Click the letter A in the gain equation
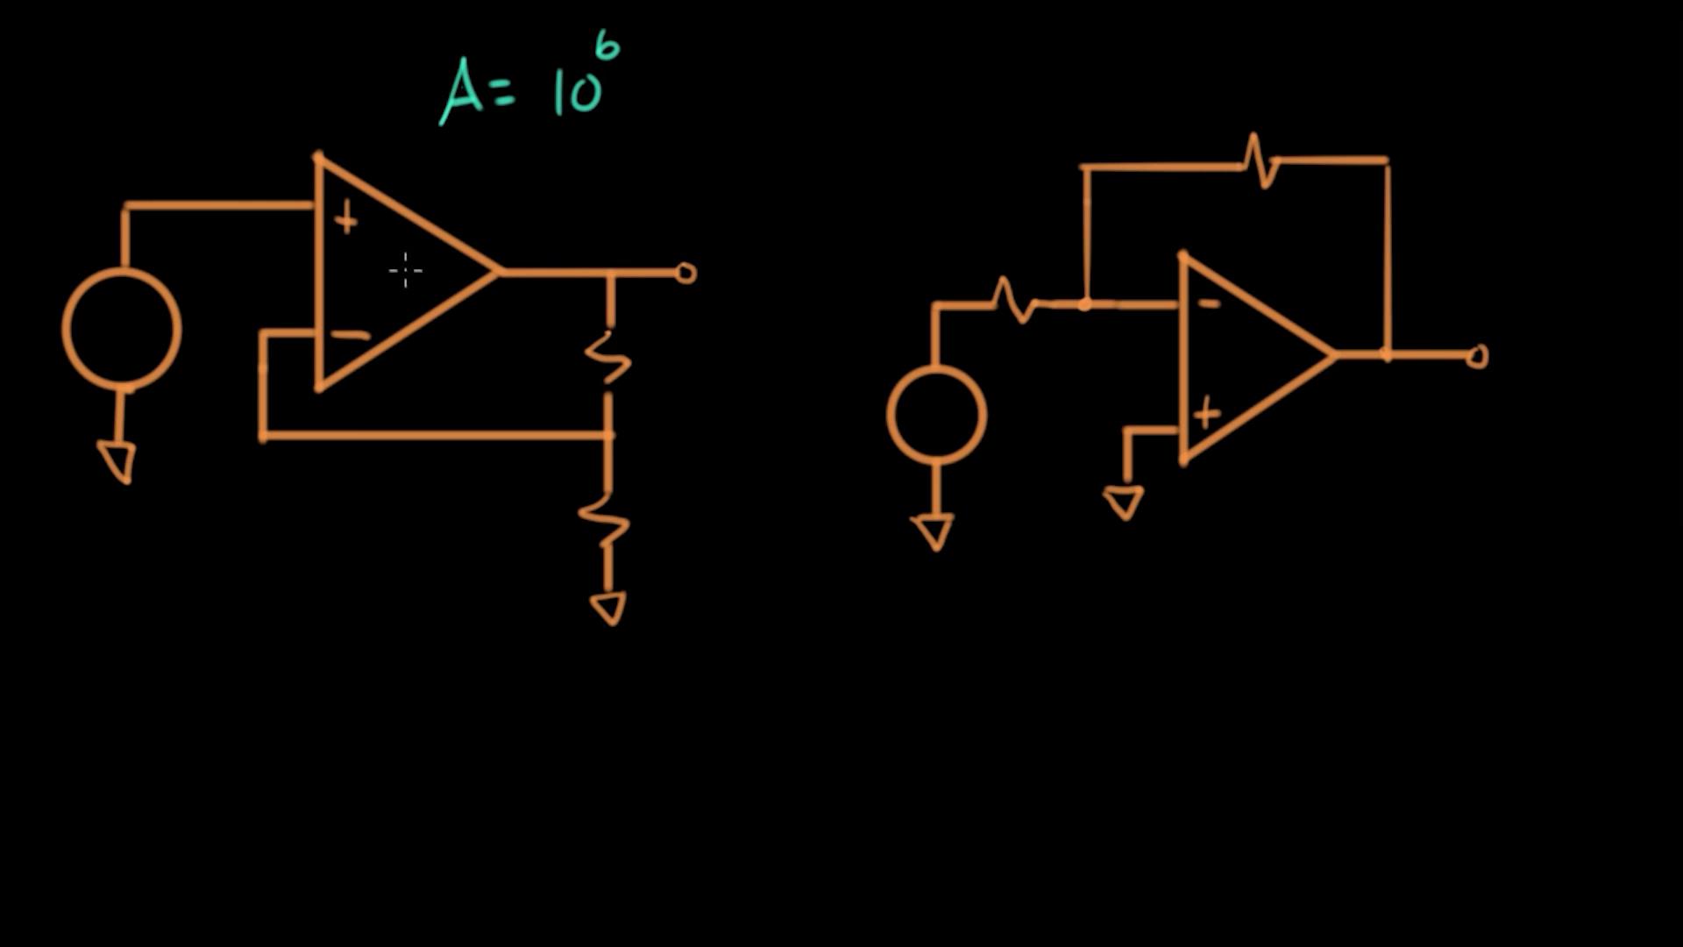461,91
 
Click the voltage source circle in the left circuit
122,329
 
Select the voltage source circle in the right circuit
937,415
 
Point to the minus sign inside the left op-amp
352,334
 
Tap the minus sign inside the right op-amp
1209,304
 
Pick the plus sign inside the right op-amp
1207,413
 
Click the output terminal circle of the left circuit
686,274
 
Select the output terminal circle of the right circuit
1477,356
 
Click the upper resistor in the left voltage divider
608,358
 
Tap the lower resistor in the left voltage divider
605,519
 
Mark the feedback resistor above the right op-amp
1260,160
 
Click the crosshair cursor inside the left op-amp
406,271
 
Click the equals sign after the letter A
504,94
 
